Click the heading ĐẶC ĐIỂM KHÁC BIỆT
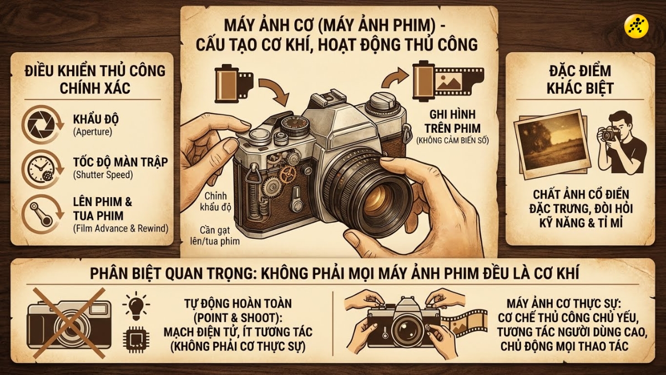click(579, 79)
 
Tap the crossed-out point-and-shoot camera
click(67, 322)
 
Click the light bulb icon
click(136, 305)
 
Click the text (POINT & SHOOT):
click(238, 318)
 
